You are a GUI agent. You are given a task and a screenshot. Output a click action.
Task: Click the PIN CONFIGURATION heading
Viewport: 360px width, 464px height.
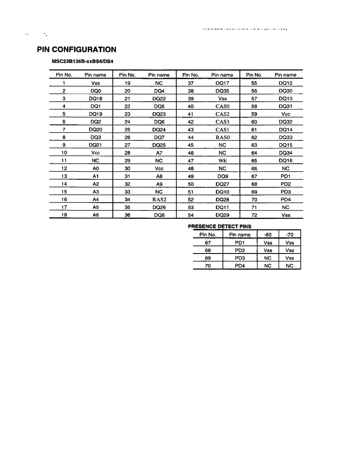[77, 50]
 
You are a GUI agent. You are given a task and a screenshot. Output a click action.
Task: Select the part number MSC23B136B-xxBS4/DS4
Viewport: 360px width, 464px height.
[82, 61]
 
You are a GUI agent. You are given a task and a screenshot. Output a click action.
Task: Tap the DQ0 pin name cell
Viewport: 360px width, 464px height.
[95, 91]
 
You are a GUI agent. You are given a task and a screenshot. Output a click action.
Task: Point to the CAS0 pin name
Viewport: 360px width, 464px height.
[222, 106]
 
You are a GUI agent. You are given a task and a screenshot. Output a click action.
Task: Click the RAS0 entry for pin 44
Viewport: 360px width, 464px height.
[222, 138]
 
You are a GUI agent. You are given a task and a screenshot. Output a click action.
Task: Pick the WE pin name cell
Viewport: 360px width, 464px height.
[222, 161]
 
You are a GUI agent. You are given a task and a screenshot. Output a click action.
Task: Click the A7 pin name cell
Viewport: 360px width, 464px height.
[159, 153]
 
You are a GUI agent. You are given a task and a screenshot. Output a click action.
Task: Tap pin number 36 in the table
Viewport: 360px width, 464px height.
[127, 215]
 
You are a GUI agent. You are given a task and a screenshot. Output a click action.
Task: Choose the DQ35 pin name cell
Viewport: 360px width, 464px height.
[222, 91]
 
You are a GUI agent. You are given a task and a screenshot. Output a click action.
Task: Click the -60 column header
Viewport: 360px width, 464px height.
[268, 235]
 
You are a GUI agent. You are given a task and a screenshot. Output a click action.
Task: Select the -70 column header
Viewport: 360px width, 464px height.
[290, 235]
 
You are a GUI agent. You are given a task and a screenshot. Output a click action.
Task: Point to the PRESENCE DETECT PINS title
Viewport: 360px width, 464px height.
[219, 227]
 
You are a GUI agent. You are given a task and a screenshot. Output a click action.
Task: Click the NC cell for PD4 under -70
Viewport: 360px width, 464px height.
[290, 266]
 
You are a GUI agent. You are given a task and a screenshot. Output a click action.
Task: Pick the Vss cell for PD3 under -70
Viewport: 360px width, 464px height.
[290, 258]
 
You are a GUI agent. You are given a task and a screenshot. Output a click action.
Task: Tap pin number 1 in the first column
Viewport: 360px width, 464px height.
[64, 83]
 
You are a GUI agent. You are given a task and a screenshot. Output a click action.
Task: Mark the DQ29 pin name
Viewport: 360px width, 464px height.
[222, 215]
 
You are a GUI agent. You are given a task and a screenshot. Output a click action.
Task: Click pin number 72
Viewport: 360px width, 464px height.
[254, 215]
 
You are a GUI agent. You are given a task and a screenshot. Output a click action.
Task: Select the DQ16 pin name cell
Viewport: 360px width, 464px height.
[285, 161]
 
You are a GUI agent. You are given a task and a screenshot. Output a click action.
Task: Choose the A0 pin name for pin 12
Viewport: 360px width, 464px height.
[95, 168]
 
